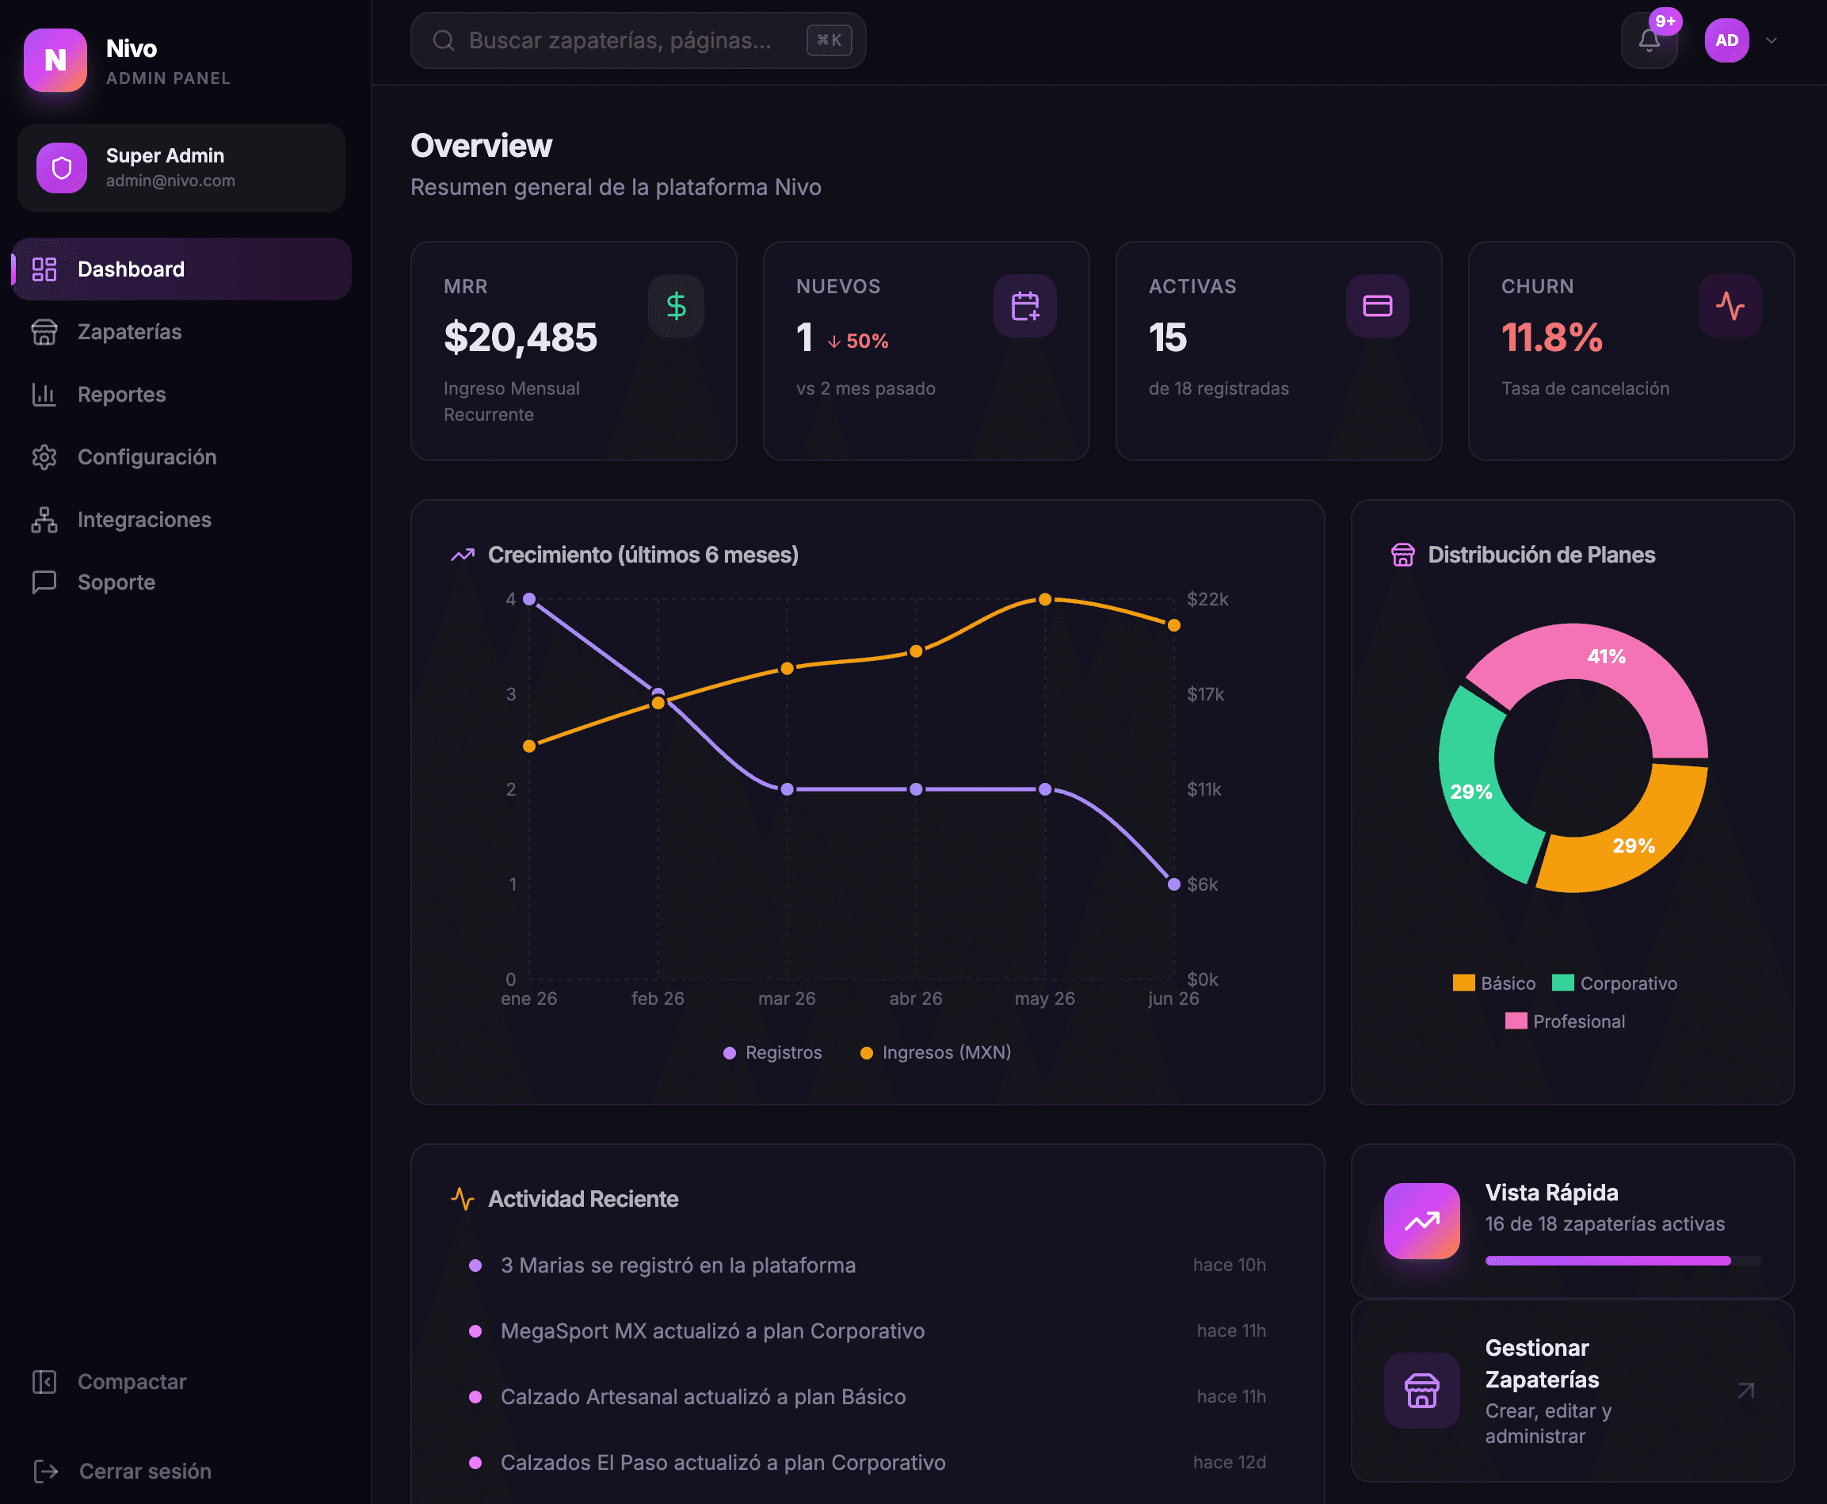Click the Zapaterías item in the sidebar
click(x=129, y=332)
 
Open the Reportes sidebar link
click(x=121, y=394)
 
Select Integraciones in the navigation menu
click(x=144, y=520)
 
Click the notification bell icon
click(x=1649, y=40)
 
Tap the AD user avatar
click(x=1726, y=40)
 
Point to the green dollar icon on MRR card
click(x=676, y=306)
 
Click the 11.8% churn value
click(x=1551, y=337)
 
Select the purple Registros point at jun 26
click(x=1174, y=884)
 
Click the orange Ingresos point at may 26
click(x=1045, y=600)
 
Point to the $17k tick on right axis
click(x=1206, y=694)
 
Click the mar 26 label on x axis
click(x=787, y=999)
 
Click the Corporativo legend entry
click(x=1615, y=983)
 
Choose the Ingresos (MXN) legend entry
click(x=936, y=1052)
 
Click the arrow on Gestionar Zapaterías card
click(x=1745, y=1391)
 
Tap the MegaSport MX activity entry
click(x=712, y=1330)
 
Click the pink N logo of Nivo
click(x=55, y=59)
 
